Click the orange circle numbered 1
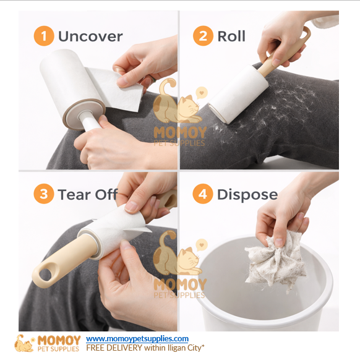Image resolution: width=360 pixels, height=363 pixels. tap(43, 36)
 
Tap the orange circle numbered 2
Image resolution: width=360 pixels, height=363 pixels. tap(202, 36)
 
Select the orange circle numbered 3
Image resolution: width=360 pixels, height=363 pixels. tap(43, 195)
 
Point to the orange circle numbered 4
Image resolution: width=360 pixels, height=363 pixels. tap(202, 195)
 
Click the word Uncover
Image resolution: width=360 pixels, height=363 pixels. tap(90, 36)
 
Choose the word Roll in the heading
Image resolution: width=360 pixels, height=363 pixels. tap(232, 36)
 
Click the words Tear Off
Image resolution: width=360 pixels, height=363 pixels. tap(88, 195)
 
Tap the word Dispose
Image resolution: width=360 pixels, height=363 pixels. tap(247, 195)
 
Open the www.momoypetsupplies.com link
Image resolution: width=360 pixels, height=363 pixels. tap(137, 339)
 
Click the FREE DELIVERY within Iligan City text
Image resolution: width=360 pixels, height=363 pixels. tap(145, 348)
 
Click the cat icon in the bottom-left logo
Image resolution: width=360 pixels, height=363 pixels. tap(25, 343)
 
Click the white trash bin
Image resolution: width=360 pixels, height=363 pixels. tap(266, 297)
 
